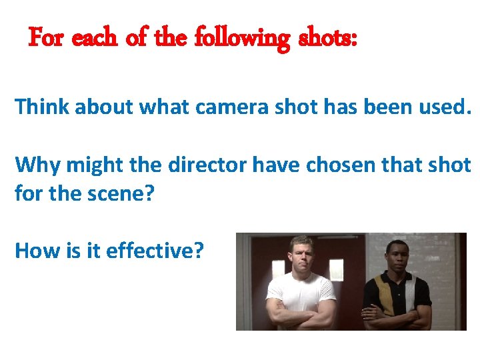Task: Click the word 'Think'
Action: [42, 106]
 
